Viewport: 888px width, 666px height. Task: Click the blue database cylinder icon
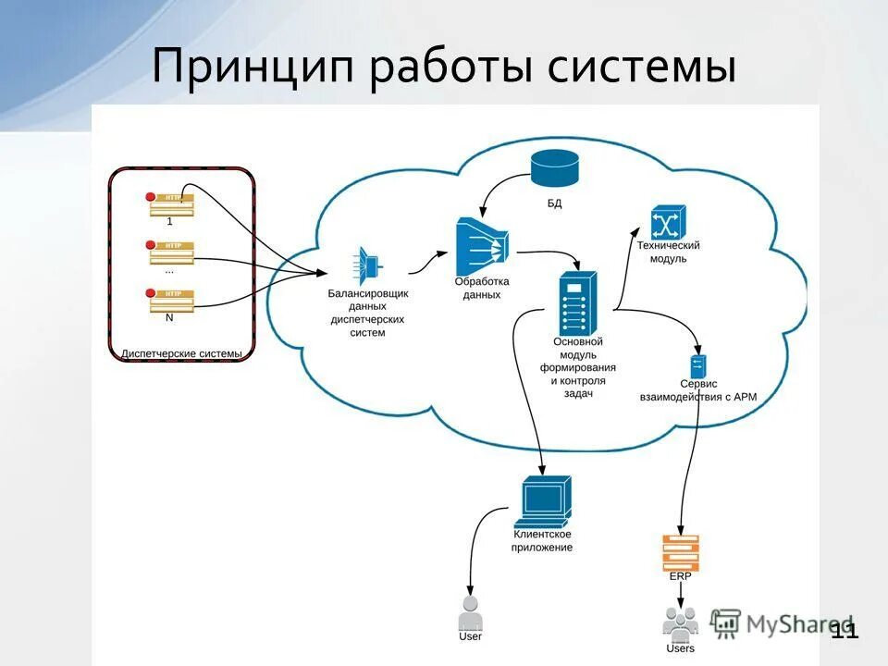click(x=555, y=167)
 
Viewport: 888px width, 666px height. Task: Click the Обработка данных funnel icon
click(x=482, y=246)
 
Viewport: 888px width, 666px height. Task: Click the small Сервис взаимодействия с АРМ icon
click(x=698, y=365)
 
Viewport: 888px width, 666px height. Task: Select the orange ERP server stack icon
click(x=681, y=552)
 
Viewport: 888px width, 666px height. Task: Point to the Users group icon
click(x=681, y=623)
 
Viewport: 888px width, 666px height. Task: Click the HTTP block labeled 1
click(x=171, y=203)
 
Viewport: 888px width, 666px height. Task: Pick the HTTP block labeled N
click(x=171, y=300)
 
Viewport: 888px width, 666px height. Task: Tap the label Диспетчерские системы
click(x=182, y=353)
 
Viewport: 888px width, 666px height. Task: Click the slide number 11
click(x=844, y=631)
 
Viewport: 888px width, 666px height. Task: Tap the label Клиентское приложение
click(x=542, y=541)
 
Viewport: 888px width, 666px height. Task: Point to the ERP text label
click(x=680, y=576)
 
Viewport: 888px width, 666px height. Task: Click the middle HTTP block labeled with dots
click(x=171, y=252)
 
